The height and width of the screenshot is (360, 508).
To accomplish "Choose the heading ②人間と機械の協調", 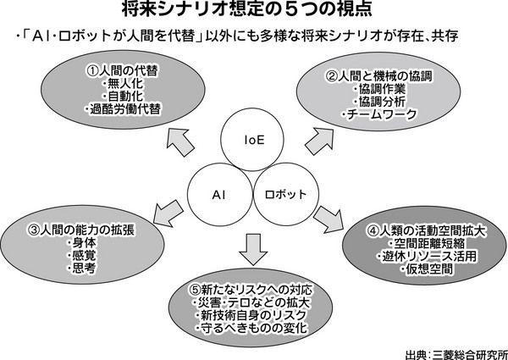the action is pyautogui.click(x=379, y=76).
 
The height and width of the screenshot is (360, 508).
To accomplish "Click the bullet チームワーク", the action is pyautogui.click(x=379, y=114).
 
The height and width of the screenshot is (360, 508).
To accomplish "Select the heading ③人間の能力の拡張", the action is pyautogui.click(x=81, y=230).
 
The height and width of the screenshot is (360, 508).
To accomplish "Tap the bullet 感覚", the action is pyautogui.click(x=81, y=256).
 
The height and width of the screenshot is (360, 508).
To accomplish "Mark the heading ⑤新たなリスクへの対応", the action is pyautogui.click(x=251, y=290).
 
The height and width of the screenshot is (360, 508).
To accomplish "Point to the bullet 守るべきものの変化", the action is pyautogui.click(x=251, y=328).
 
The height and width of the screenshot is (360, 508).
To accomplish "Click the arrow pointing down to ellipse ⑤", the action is pyautogui.click(x=252, y=249).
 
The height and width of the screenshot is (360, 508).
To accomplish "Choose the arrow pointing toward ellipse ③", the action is pyautogui.click(x=168, y=213).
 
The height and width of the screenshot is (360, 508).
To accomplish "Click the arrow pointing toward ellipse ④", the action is pyautogui.click(x=329, y=219).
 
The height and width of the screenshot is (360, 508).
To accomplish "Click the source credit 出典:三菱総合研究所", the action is pyautogui.click(x=456, y=354).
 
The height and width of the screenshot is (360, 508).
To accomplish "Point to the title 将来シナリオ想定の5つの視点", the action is pyautogui.click(x=247, y=10).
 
